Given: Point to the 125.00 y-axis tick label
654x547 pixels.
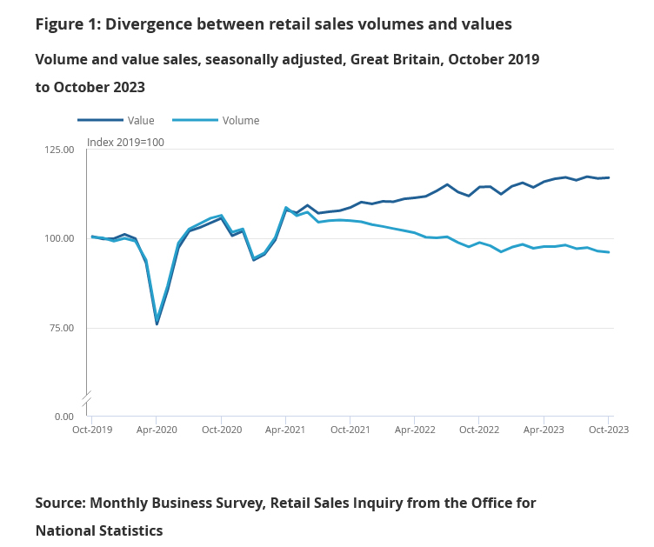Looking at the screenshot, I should (x=60, y=150).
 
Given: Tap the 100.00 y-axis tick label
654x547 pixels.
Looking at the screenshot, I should (x=60, y=238).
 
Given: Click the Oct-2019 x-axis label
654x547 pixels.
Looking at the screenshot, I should (x=92, y=430).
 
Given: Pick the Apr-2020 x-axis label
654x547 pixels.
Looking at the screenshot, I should (x=157, y=430).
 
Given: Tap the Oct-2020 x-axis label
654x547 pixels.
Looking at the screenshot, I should (x=221, y=430).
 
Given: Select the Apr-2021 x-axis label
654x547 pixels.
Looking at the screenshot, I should (x=285, y=430).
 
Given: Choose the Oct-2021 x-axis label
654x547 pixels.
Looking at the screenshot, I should (x=350, y=430).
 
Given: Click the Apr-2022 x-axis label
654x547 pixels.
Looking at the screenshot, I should (x=415, y=430).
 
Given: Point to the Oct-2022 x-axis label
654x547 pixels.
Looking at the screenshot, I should (x=479, y=430).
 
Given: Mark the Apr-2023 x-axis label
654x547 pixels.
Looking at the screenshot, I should (x=544, y=430).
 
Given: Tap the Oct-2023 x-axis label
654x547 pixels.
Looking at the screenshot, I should (x=608, y=430).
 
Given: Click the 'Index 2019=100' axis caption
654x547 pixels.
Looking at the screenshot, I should (x=125, y=143).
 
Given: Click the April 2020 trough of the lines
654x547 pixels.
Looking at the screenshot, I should (x=157, y=323).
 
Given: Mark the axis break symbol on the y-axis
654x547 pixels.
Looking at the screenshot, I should (x=87, y=398).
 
